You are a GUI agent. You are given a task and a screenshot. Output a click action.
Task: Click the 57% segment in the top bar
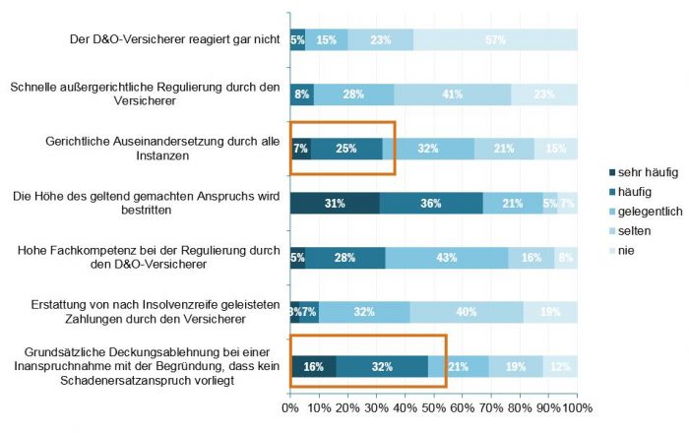click(x=495, y=40)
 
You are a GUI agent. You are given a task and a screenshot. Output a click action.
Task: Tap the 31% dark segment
click(x=335, y=203)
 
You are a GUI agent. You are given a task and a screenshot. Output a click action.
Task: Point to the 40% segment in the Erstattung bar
click(x=467, y=312)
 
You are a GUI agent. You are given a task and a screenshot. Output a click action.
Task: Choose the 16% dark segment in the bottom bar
click(x=313, y=366)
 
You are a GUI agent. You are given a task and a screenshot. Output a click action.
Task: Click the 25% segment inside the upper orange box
click(x=346, y=149)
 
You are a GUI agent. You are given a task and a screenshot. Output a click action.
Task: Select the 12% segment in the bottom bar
click(x=560, y=366)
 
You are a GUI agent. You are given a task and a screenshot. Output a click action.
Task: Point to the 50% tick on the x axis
click(x=434, y=406)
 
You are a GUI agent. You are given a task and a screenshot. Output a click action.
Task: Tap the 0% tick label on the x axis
click(x=290, y=406)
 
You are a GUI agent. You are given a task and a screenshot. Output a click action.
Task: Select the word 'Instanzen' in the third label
click(x=163, y=155)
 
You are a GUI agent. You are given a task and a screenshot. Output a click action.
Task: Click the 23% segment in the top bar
click(x=381, y=40)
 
